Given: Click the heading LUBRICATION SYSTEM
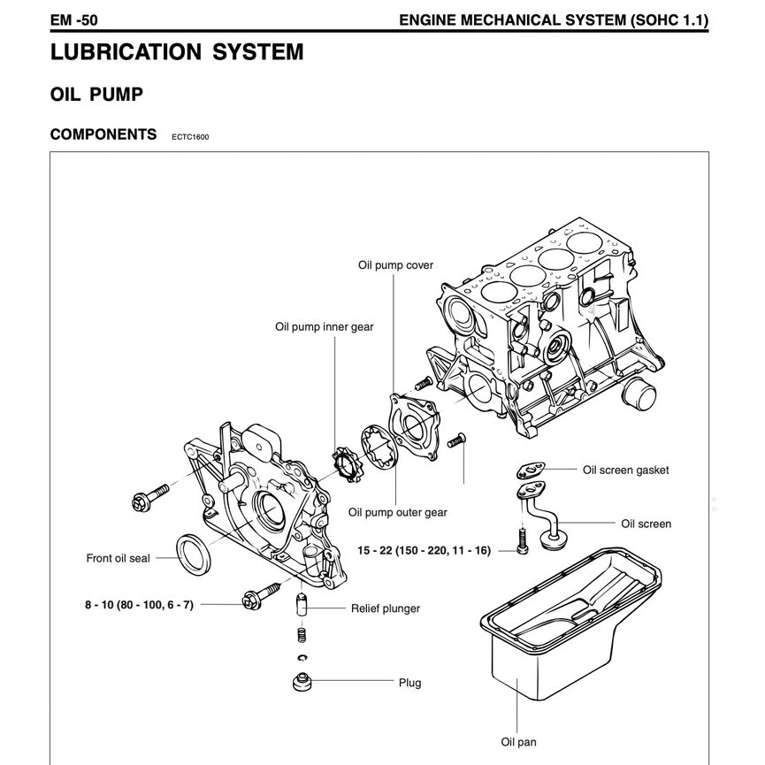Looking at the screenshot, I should point(177,52).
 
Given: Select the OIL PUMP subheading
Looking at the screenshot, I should point(96,95).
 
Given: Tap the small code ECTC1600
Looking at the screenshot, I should point(191,137).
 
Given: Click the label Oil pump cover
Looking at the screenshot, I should point(395,265).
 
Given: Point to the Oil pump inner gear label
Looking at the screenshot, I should point(324,327).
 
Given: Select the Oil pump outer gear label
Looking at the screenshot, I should point(397,512).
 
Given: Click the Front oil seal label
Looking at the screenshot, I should point(118,558).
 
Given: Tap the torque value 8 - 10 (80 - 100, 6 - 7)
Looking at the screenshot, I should point(139,604).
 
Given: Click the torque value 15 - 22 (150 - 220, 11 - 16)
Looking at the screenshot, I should point(424,550).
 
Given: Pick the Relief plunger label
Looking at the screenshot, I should point(385,608).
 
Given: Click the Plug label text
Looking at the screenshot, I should point(409,683).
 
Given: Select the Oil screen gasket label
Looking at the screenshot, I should point(625,470).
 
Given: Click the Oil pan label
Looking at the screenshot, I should point(518,743).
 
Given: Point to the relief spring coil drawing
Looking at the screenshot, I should point(302,634).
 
